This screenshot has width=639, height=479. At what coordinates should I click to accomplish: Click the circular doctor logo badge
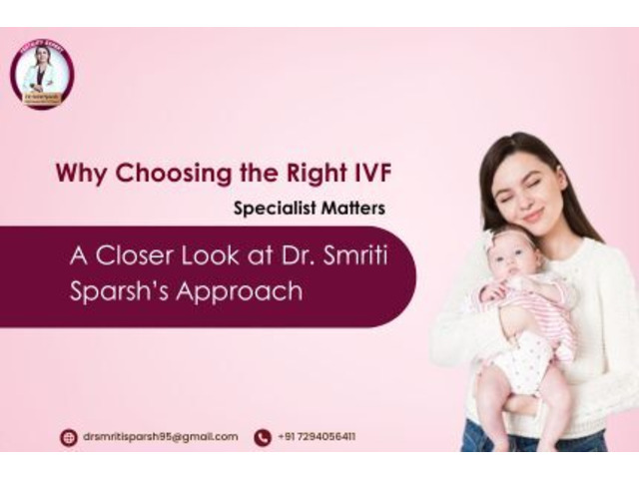click(42, 75)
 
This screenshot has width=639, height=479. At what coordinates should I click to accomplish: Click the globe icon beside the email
click(68, 437)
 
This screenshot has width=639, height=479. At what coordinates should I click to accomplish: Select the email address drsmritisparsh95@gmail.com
click(160, 437)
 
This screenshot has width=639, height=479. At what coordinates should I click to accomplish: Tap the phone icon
click(263, 437)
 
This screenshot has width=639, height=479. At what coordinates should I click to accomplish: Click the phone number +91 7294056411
click(318, 437)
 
